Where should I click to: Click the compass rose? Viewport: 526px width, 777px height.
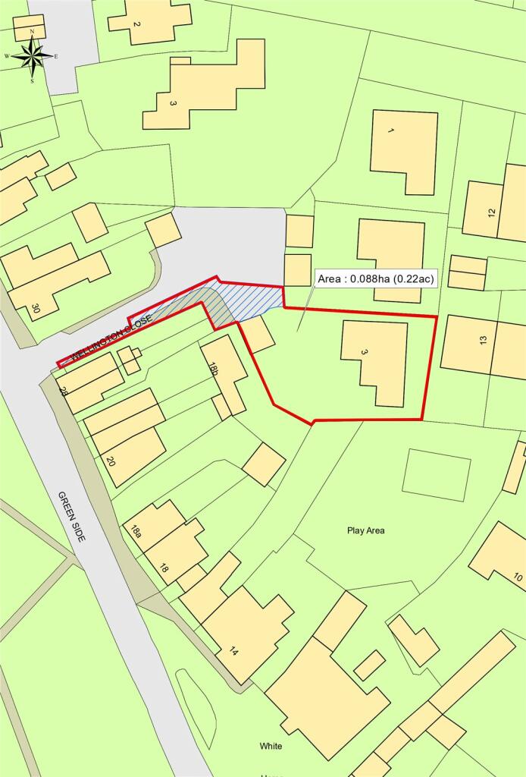pos(32,55)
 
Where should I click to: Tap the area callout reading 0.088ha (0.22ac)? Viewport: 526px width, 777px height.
pos(376,279)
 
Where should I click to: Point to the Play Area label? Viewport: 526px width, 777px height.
pos(366,530)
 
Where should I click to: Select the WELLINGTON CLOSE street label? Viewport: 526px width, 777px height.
pos(111,337)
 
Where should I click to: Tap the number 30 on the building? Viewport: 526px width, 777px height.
pos(35,310)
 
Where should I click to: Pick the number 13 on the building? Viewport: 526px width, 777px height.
pos(483,341)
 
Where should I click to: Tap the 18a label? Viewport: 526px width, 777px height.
pos(137,531)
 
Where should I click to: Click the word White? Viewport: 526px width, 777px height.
pos(271,746)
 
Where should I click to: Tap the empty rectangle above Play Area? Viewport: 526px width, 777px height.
pos(436,474)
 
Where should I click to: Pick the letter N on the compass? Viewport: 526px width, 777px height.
pos(32,30)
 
